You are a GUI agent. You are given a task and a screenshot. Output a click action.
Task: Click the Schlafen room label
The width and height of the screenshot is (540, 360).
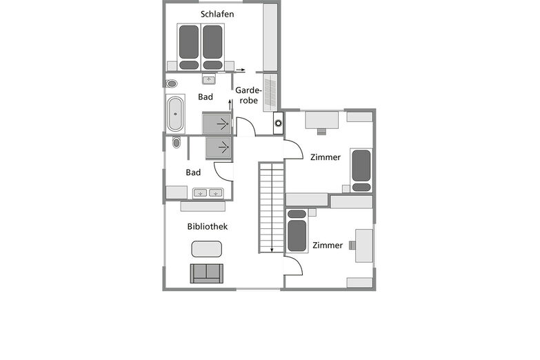tap(217, 14)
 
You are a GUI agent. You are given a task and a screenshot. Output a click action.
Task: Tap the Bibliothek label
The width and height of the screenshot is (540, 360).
tap(208, 226)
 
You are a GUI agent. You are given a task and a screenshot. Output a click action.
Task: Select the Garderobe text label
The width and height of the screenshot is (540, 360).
tap(248, 95)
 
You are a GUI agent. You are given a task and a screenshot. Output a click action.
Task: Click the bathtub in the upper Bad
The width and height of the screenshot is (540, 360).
tap(175, 114)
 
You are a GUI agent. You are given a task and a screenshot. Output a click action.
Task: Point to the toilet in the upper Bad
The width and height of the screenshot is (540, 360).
tap(171, 83)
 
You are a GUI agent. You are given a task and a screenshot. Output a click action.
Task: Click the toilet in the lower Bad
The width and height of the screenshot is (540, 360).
tap(177, 142)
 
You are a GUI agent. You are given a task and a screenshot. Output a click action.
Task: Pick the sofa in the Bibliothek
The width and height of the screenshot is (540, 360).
tap(207, 274)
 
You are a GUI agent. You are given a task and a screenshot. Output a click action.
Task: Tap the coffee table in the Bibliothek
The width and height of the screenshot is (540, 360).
tap(206, 249)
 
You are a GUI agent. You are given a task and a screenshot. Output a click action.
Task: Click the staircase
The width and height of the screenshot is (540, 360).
tap(271, 208)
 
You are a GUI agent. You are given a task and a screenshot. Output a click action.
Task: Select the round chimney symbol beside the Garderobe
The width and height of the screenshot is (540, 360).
tap(278, 123)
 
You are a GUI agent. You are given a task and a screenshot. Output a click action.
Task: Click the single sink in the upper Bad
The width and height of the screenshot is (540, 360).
tap(208, 79)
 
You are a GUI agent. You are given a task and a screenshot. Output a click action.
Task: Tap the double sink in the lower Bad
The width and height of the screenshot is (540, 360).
tap(208, 193)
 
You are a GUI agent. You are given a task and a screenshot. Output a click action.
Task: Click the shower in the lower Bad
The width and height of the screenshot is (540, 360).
tap(219, 148)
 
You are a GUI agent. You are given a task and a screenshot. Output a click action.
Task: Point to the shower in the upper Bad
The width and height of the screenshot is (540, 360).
tap(217, 123)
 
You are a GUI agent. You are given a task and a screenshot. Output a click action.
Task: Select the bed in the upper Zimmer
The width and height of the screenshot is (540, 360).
tap(361, 170)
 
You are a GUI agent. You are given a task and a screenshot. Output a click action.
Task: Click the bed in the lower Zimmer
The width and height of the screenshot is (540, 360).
tap(297, 231)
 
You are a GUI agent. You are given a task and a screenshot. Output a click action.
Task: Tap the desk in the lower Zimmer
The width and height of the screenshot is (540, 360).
tap(364, 246)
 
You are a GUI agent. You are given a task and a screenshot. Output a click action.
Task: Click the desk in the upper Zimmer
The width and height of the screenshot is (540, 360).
tap(321, 120)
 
